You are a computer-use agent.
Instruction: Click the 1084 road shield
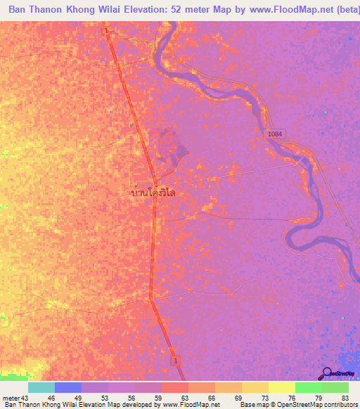tap(275, 133)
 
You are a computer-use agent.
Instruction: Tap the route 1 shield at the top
tap(106, 31)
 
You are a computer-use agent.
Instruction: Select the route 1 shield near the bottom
tap(175, 361)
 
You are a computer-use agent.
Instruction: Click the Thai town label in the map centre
tap(153, 191)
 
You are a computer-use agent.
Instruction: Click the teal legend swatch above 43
tap(41, 387)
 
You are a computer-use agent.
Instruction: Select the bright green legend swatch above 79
tap(308, 387)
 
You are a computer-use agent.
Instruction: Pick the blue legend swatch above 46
tap(68, 387)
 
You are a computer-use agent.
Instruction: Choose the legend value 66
tap(202, 398)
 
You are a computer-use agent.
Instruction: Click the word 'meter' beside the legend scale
tap(11, 398)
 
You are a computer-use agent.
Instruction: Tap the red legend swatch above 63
tap(175, 387)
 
